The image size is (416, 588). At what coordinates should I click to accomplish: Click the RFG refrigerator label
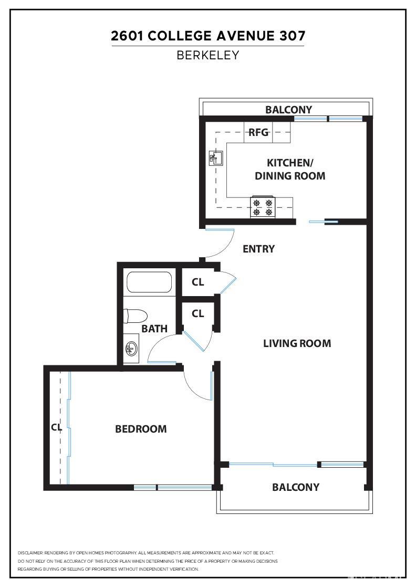click(x=258, y=132)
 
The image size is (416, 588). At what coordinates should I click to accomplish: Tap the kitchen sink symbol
click(x=216, y=157)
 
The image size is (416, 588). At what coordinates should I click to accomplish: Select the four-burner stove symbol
click(x=263, y=207)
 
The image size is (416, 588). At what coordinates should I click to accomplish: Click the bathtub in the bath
click(x=150, y=282)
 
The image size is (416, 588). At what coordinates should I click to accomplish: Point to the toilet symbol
click(x=135, y=317)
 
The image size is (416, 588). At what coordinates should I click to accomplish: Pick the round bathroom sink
click(x=131, y=349)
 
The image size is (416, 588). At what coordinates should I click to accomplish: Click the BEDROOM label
click(x=141, y=429)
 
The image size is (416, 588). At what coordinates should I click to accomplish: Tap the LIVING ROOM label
click(x=297, y=343)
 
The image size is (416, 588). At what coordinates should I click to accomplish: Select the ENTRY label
click(x=258, y=249)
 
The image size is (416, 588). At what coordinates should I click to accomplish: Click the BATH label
click(x=154, y=329)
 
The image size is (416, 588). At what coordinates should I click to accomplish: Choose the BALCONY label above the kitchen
click(x=288, y=110)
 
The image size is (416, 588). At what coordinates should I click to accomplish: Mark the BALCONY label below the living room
click(x=295, y=487)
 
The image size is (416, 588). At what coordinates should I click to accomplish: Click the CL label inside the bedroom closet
click(x=56, y=427)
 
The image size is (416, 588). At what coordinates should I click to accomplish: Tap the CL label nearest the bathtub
click(x=197, y=282)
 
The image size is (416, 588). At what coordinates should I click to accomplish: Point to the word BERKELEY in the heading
click(x=208, y=55)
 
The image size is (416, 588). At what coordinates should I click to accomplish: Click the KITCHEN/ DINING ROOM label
click(x=290, y=170)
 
